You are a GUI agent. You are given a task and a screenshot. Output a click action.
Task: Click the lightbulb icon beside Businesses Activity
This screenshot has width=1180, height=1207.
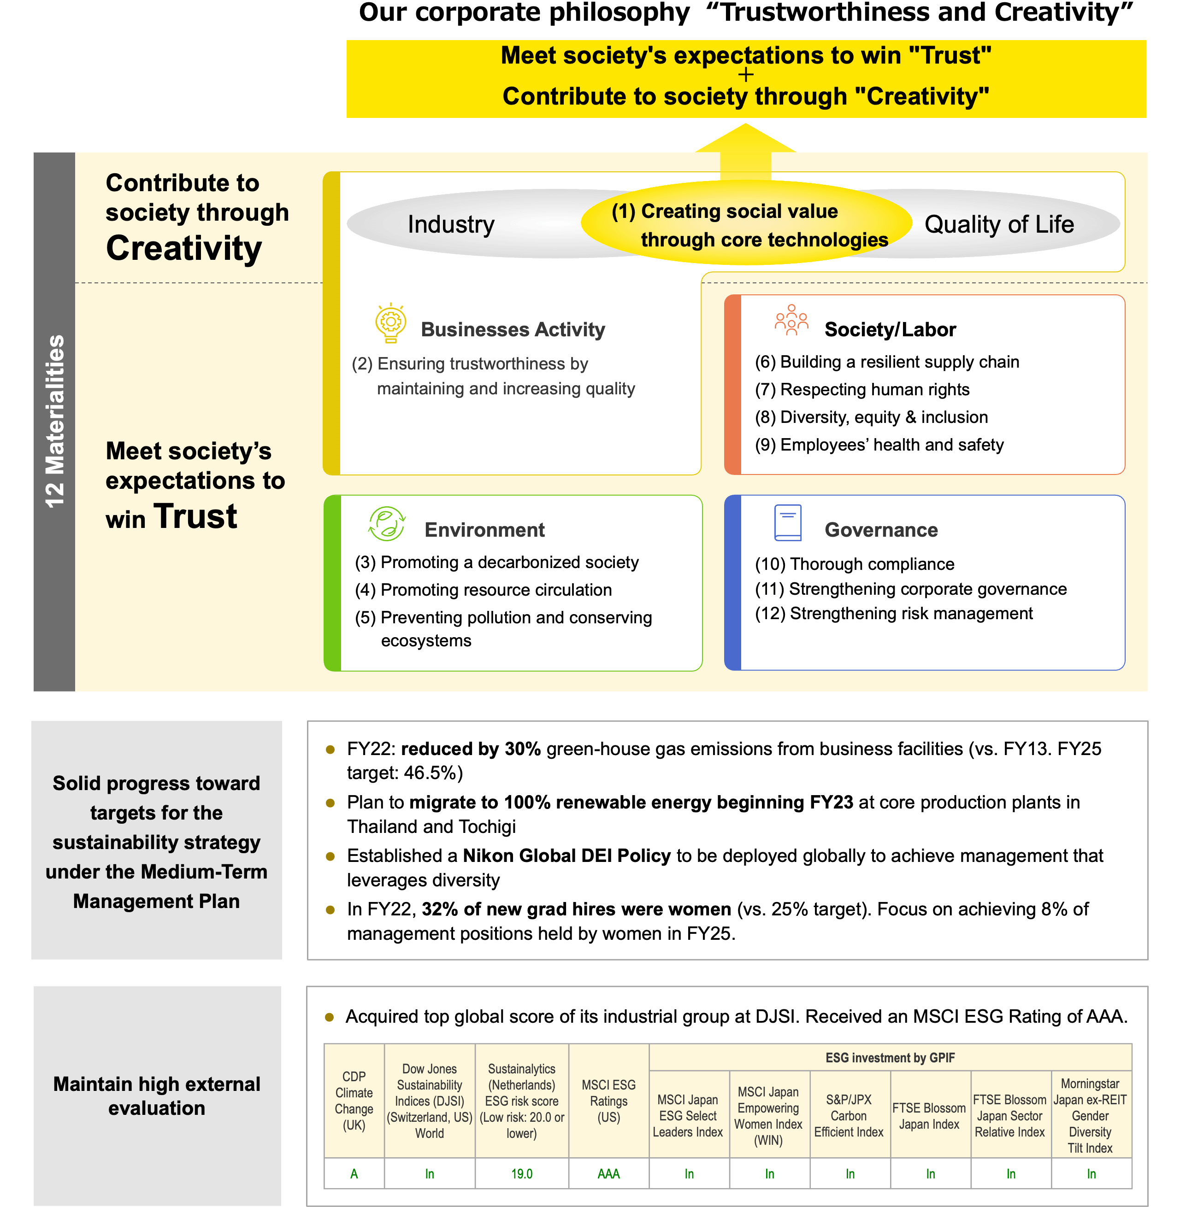click(390, 322)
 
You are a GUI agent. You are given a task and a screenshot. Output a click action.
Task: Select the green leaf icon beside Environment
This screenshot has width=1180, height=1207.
click(387, 523)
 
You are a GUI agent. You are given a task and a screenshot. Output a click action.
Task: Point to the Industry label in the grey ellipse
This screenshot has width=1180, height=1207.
click(450, 224)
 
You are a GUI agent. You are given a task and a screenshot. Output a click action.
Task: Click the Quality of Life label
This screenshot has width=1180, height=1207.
click(999, 224)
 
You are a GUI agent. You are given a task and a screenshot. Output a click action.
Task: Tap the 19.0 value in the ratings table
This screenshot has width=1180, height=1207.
click(522, 1173)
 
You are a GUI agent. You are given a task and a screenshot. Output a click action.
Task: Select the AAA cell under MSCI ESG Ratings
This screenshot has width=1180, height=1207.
click(608, 1173)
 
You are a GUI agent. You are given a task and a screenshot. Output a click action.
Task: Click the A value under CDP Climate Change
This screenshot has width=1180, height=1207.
click(354, 1173)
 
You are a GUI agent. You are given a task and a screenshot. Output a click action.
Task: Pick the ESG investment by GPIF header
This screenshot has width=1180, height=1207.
click(890, 1058)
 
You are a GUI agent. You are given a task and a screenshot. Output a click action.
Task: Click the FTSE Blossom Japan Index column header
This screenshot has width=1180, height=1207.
click(929, 1116)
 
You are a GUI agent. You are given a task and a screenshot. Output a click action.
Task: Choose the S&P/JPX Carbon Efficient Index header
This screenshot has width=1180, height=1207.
click(849, 1116)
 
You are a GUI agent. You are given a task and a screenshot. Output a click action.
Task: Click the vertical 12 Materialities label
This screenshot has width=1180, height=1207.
click(54, 421)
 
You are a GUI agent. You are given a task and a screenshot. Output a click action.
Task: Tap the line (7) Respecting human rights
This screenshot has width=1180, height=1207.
click(861, 390)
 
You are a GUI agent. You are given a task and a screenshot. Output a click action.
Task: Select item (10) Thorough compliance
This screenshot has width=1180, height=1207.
click(854, 564)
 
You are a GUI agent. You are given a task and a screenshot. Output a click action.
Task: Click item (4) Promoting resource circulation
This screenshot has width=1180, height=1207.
click(484, 590)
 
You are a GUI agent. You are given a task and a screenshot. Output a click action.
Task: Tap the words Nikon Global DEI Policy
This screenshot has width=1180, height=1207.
click(566, 856)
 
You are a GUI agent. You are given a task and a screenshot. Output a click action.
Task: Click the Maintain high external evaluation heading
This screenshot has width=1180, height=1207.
click(157, 1096)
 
